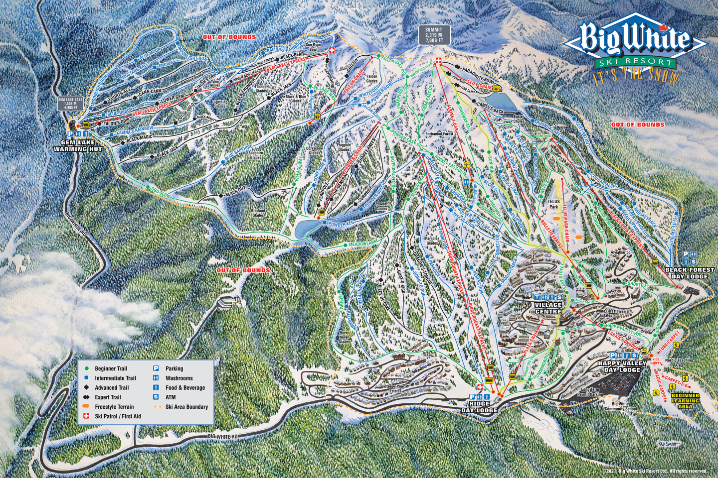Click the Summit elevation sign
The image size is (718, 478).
pos(433,35)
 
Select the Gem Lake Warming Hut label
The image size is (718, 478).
pos(78,145)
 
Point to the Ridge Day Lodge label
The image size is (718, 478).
pos(479,407)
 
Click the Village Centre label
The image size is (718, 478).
pos(548,308)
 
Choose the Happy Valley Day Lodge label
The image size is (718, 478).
pos(622,366)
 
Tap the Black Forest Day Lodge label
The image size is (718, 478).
pos(689,273)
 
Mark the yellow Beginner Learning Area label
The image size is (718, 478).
pos(685,401)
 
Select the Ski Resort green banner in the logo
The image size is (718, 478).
pos(635,62)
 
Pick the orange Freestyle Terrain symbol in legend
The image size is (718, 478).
pos(86,407)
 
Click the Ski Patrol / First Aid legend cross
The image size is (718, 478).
pos(86,416)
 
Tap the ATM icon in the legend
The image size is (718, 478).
pos(156,397)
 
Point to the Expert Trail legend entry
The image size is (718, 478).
pos(108,397)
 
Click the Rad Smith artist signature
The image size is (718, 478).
pos(668,444)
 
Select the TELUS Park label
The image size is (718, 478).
pos(553,204)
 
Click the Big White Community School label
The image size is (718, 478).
pos(620,406)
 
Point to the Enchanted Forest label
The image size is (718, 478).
pos(439,134)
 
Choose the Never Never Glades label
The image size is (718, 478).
pos(345,337)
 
